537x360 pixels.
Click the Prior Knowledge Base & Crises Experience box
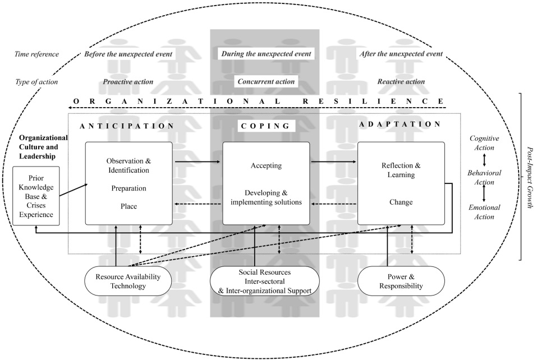(36, 196)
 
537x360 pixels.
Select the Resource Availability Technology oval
(128, 281)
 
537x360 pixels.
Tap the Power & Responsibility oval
(401, 281)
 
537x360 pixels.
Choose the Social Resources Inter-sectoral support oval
(265, 281)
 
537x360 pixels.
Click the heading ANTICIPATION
(127, 126)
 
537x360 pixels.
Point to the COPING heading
(266, 126)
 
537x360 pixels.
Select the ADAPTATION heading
(400, 124)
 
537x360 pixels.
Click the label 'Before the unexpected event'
(128, 54)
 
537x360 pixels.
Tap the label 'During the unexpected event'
(266, 54)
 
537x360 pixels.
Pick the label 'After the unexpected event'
(401, 54)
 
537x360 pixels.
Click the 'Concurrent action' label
(266, 81)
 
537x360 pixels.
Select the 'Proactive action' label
(128, 82)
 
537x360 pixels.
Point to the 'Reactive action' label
(401, 81)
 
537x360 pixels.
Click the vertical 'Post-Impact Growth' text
(530, 178)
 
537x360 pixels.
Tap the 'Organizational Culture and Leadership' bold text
(43, 147)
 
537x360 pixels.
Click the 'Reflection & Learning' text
(401, 170)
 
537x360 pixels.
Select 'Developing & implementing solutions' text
(266, 197)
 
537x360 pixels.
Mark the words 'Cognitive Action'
(484, 143)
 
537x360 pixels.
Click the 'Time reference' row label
(36, 54)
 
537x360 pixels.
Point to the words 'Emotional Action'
(484, 212)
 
